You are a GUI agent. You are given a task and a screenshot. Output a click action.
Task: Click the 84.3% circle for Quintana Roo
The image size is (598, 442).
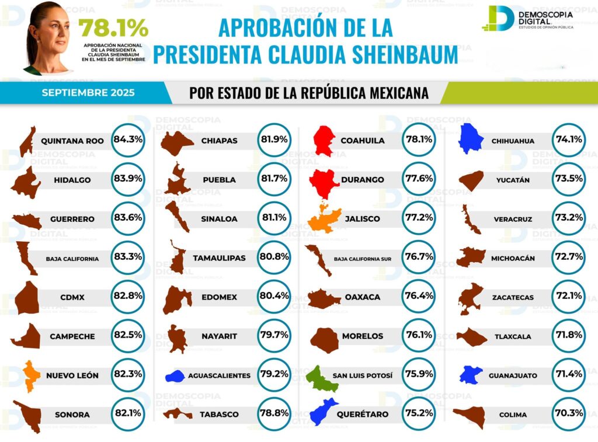tap(128, 140)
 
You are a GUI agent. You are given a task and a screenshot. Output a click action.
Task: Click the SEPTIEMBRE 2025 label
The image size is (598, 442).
tap(88, 93)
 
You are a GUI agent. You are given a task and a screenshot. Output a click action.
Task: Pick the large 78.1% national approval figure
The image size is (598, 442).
tap(113, 28)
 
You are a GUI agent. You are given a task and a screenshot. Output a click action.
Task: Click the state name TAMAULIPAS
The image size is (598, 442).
tap(219, 257)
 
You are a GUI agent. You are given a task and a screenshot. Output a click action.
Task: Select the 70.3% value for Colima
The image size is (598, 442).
tap(568, 415)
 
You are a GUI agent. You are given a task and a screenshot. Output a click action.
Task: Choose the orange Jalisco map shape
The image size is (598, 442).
tap(325, 220)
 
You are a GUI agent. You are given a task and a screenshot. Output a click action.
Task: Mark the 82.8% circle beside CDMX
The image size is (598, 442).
tap(128, 297)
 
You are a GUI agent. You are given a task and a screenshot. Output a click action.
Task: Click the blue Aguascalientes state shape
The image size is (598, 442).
tap(175, 377)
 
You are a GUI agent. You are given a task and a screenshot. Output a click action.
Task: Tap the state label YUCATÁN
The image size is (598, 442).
tap(512, 180)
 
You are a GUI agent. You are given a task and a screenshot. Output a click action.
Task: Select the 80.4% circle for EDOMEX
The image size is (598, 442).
tap(274, 297)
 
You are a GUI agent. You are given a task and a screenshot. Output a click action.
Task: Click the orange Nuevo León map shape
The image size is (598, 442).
tap(31, 375)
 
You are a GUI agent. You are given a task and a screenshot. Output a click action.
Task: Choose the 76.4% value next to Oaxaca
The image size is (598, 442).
tap(418, 297)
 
